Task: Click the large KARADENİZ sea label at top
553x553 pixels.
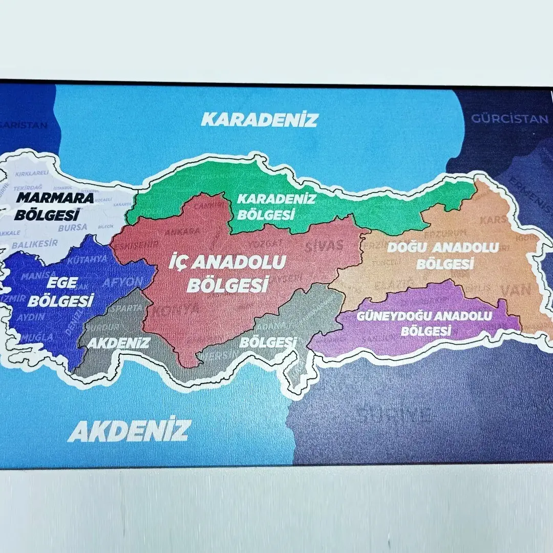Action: click(259, 120)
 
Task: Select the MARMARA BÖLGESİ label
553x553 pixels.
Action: click(54, 205)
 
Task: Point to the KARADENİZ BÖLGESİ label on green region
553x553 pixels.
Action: click(276, 206)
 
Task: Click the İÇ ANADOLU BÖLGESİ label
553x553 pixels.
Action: click(228, 273)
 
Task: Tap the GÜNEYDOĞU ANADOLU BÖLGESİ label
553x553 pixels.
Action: click(424, 323)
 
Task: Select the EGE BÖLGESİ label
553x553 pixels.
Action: click(61, 291)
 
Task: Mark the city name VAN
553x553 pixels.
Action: click(516, 290)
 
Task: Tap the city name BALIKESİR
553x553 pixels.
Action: click(35, 244)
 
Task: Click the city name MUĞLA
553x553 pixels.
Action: click(36, 337)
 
